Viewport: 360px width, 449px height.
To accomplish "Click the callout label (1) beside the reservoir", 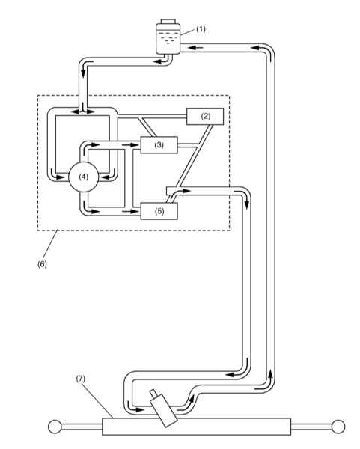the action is click(201, 29).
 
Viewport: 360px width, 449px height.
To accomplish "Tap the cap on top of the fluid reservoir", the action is click(168, 22).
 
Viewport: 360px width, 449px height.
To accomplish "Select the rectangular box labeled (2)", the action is click(205, 116).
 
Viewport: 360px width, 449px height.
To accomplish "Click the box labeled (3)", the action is click(159, 145).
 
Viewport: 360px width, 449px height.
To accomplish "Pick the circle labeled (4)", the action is click(84, 177).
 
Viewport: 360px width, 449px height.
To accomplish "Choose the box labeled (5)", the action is click(159, 211).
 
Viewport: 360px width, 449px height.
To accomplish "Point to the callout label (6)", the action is click(42, 264).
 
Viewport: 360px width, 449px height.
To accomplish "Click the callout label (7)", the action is click(81, 379).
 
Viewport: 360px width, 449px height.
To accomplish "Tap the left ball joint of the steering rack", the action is click(55, 427).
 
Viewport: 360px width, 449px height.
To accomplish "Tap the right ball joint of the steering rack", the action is click(338, 427).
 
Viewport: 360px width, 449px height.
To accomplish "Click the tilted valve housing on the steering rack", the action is click(164, 411).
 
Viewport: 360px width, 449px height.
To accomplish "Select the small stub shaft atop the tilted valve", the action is click(153, 393).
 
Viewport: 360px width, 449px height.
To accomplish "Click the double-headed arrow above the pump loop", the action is click(83, 112).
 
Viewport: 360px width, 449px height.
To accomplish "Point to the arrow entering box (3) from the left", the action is click(130, 145).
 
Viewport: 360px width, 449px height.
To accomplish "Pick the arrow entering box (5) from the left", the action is click(130, 211).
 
